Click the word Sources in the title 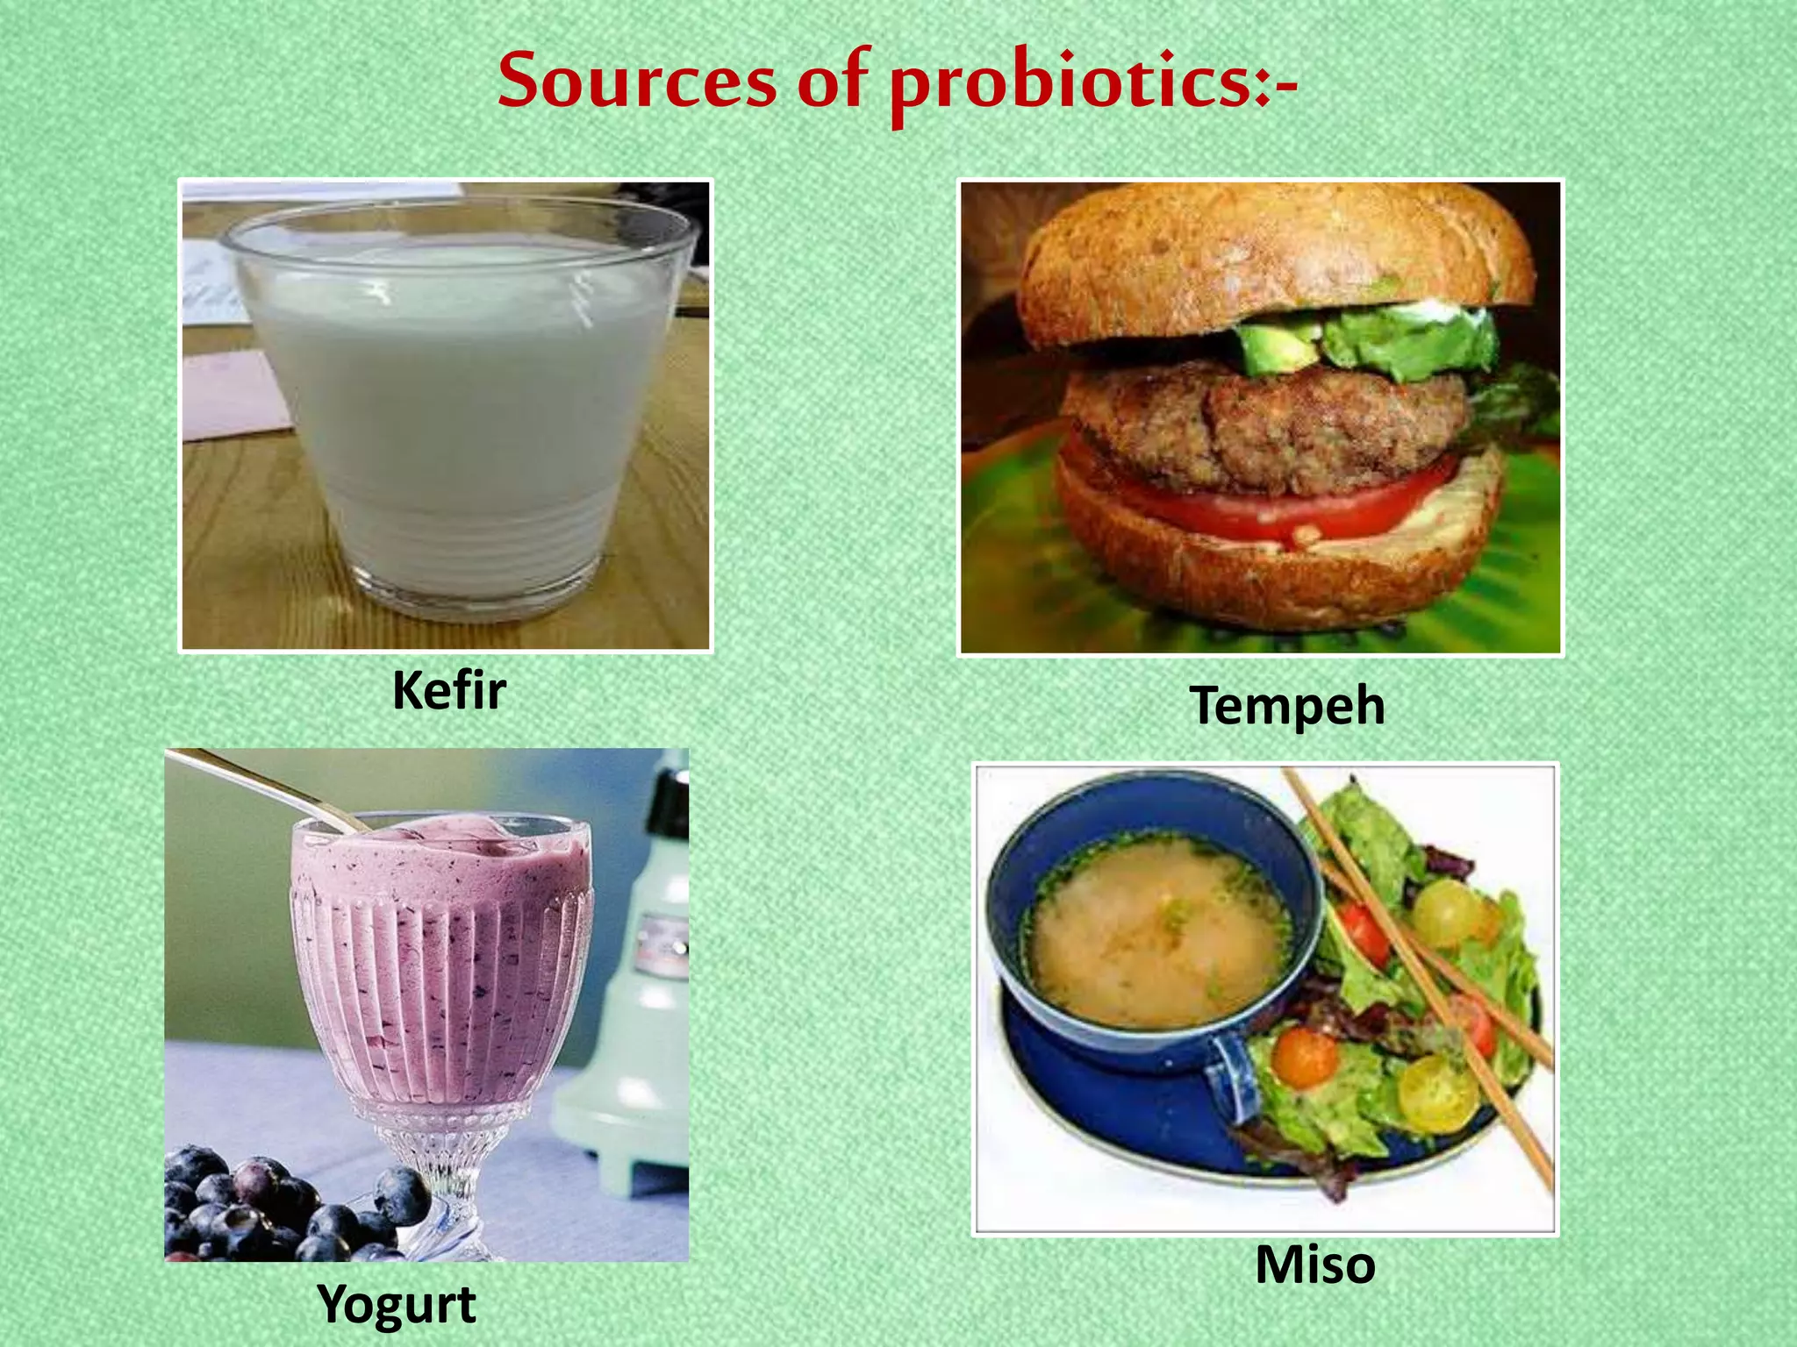(637, 82)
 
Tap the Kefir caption (448, 691)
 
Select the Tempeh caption (1286, 706)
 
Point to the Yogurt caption (397, 1304)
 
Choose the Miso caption (1314, 1265)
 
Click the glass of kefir (456, 412)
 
